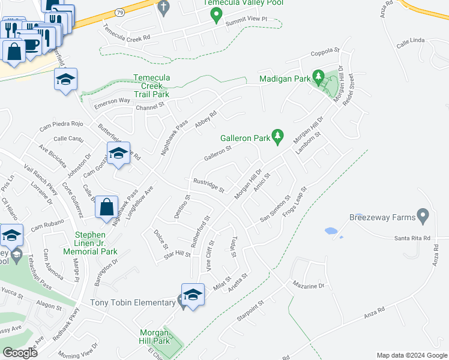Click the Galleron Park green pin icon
pyautogui.click(x=277, y=137)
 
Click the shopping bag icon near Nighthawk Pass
pyautogui.click(x=106, y=207)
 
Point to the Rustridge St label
pyautogui.click(x=208, y=185)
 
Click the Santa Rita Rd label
pyautogui.click(x=412, y=238)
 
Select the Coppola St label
pyautogui.click(x=325, y=51)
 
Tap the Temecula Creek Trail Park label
pyautogui.click(x=152, y=86)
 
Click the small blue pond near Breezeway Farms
pyautogui.click(x=330, y=230)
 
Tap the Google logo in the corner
pyautogui.click(x=20, y=353)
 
